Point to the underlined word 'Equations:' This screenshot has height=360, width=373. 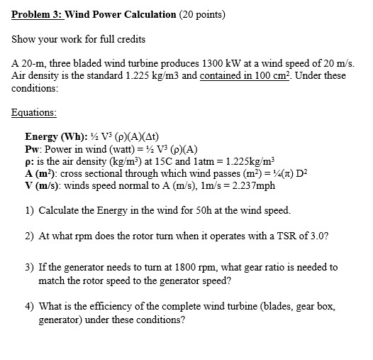34,112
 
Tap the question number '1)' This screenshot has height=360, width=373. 29,211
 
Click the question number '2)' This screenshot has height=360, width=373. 29,235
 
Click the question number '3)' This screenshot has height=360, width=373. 29,267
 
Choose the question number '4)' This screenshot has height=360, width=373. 29,307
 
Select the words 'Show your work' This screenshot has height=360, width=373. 46,40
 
